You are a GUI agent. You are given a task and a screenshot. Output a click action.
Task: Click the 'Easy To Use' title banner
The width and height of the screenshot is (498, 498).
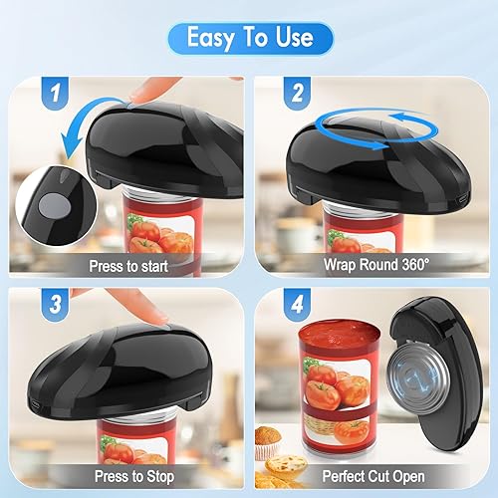250,38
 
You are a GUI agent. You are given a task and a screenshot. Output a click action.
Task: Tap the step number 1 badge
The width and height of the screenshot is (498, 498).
55,93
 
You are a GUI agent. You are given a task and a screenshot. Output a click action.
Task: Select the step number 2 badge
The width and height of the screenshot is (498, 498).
297,93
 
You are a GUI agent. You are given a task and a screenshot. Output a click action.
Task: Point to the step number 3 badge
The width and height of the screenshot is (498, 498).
55,305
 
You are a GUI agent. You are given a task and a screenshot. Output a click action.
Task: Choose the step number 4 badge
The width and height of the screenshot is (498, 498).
297,305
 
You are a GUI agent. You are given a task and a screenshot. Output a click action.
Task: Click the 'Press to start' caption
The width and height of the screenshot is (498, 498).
128,266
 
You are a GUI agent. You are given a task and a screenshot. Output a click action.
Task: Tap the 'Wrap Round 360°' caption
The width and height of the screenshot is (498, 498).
376,265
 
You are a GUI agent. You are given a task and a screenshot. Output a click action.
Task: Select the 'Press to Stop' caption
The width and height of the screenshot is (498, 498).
134,476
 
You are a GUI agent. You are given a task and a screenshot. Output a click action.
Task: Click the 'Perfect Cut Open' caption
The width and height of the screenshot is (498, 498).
373,476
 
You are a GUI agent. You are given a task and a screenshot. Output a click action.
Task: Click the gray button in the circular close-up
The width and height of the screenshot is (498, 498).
55,206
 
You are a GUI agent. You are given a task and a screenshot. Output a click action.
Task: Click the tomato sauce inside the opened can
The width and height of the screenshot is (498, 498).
340,336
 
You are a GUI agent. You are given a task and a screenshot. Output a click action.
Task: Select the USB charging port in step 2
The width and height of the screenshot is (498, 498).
462,200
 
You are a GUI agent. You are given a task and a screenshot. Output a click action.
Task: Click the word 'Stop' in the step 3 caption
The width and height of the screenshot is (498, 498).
160,477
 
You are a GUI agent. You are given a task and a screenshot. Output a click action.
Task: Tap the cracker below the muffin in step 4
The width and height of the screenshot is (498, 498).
286,465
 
